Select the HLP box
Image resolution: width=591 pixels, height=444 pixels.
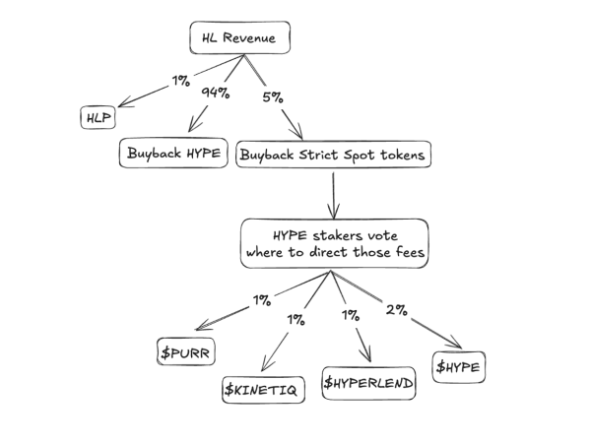coord(94,119)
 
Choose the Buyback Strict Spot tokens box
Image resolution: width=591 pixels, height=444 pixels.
coord(334,154)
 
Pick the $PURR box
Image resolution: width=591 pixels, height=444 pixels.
coord(185,351)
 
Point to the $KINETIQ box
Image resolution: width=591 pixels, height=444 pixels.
coord(263,389)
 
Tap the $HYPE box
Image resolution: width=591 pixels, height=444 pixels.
coord(460,366)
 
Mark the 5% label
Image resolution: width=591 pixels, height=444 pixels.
coord(273,97)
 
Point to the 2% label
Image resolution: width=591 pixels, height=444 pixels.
coord(397,308)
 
